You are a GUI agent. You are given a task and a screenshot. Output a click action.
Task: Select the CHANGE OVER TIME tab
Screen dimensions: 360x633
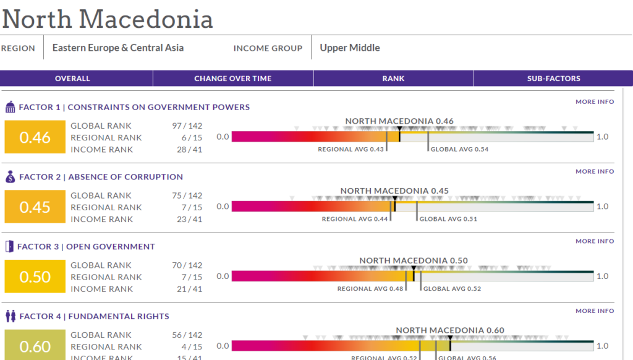(x=233, y=79)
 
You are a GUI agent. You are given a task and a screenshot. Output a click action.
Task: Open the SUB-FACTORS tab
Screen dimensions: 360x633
(x=553, y=79)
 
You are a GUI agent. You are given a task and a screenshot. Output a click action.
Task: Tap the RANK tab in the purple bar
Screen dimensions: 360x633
(x=393, y=79)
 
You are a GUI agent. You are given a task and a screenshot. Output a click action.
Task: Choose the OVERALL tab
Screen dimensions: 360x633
(x=72, y=79)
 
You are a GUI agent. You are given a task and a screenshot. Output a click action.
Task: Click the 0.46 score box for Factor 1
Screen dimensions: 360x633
(x=35, y=137)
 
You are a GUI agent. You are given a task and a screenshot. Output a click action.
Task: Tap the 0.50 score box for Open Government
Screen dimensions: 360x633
(x=35, y=276)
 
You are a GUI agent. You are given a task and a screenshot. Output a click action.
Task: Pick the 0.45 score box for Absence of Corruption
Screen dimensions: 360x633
(x=35, y=207)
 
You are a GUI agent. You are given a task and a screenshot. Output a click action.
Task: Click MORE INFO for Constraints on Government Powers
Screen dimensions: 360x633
(x=595, y=101)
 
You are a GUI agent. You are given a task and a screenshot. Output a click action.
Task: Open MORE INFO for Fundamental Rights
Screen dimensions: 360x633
(x=595, y=311)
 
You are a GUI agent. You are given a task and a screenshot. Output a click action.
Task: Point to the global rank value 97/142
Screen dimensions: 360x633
(x=187, y=126)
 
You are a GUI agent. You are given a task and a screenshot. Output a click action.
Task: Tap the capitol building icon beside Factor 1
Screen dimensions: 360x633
(x=10, y=108)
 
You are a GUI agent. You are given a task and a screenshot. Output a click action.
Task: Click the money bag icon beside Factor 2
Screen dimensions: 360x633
(x=10, y=178)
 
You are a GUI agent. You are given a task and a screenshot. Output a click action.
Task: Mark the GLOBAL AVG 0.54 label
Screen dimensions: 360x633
(x=459, y=149)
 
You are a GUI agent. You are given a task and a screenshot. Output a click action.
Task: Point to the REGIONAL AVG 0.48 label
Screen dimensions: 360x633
(x=370, y=289)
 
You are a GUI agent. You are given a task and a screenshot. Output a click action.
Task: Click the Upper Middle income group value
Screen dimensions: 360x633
(x=350, y=48)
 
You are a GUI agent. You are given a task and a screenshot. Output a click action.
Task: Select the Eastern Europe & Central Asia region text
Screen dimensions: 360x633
(x=118, y=48)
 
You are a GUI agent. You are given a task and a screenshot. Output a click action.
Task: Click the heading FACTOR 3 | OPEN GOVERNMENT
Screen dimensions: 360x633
(x=86, y=246)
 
